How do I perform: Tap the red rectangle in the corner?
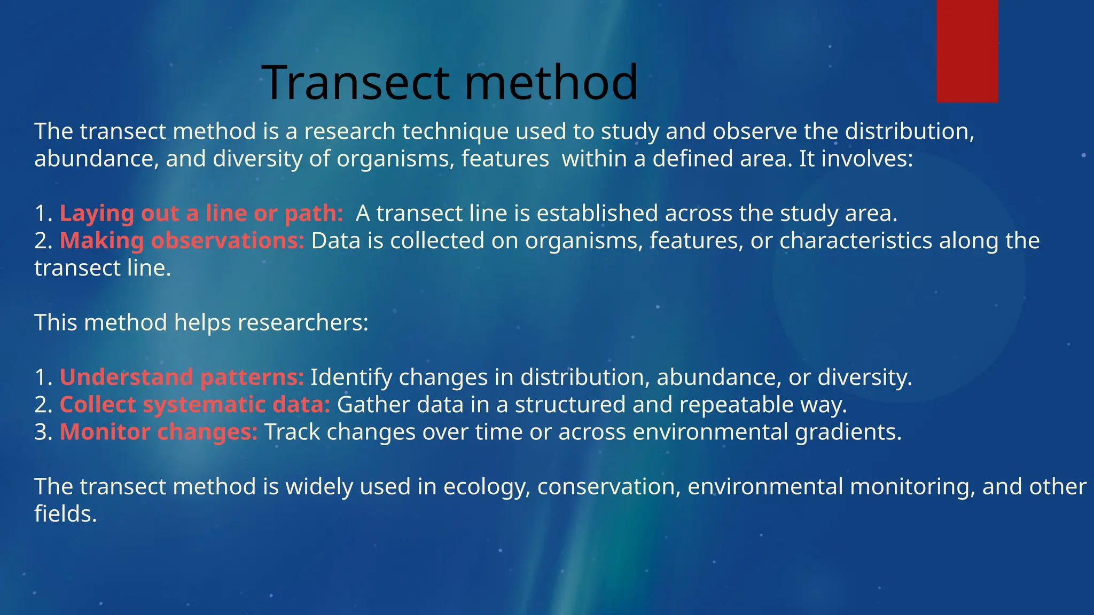967,51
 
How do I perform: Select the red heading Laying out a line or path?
201,214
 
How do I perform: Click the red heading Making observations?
182,241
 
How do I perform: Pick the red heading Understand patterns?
182,377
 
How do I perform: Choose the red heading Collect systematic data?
195,405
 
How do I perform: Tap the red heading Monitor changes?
159,432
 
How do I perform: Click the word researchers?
303,323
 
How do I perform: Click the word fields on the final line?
65,514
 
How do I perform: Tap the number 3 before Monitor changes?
41,432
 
